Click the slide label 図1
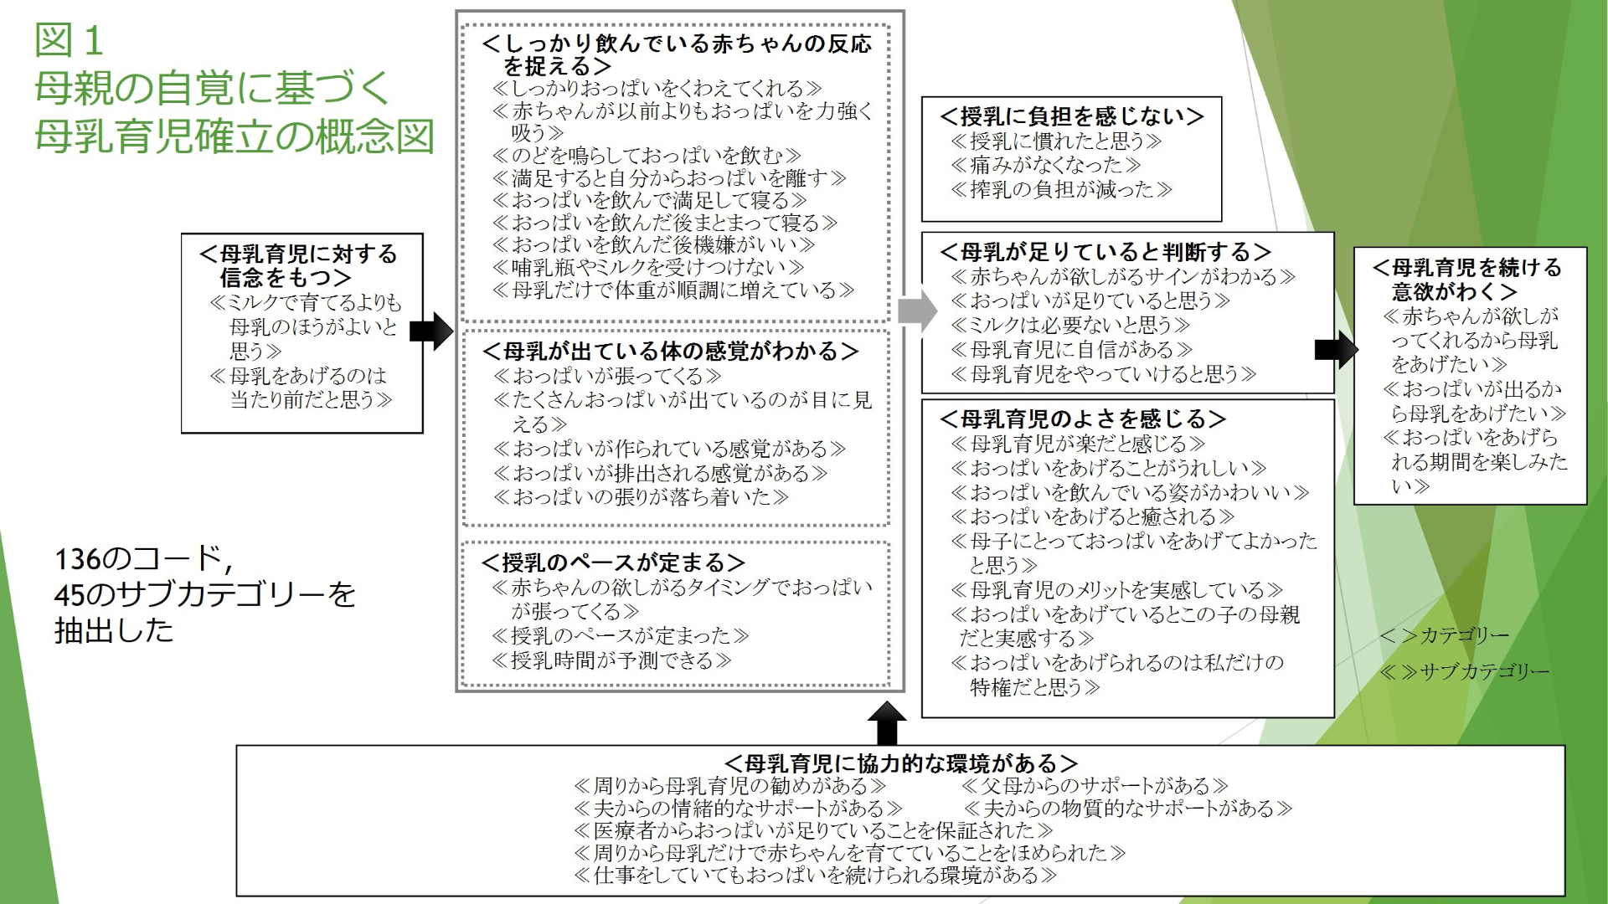click(69, 40)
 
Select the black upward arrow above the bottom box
click(886, 723)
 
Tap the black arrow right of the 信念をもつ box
click(430, 331)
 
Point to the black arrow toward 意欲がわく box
click(1336, 349)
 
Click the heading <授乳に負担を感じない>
click(1071, 116)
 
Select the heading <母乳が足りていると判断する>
click(1105, 252)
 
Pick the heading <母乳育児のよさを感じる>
click(1082, 419)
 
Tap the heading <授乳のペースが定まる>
click(613, 562)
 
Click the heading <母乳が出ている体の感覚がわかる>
click(670, 352)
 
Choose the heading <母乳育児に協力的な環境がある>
click(900, 763)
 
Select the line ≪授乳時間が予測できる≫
click(611, 660)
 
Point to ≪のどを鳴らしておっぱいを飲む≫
click(647, 156)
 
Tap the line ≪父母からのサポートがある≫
click(1095, 786)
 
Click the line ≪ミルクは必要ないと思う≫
click(1069, 325)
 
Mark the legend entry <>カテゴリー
click(1444, 635)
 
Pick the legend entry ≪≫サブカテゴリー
click(1464, 671)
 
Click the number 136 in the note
click(77, 558)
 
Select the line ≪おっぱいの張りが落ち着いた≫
click(641, 497)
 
